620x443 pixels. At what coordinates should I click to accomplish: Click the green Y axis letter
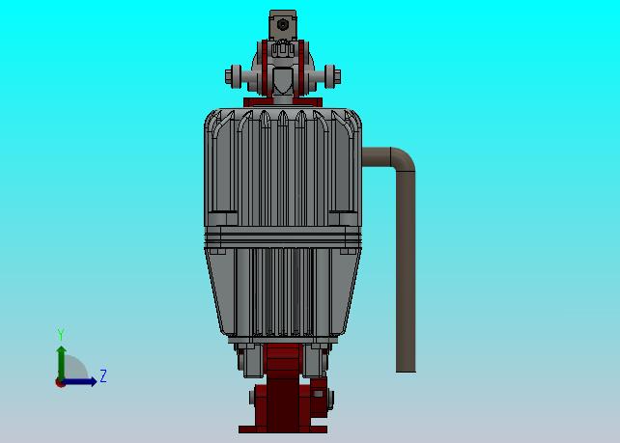(x=61, y=334)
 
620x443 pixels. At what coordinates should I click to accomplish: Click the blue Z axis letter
(x=103, y=375)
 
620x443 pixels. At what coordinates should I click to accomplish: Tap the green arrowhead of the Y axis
(x=61, y=350)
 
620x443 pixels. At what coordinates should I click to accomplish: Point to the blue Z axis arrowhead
(x=93, y=382)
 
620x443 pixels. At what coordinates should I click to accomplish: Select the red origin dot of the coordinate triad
(x=60, y=382)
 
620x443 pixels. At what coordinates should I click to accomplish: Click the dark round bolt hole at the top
(x=283, y=25)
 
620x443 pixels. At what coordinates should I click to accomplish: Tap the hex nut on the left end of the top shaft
(x=229, y=76)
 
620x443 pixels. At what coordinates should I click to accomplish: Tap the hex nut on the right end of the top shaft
(x=337, y=76)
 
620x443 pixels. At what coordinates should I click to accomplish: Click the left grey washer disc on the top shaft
(x=237, y=76)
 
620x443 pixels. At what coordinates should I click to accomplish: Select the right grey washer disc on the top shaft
(x=329, y=76)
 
